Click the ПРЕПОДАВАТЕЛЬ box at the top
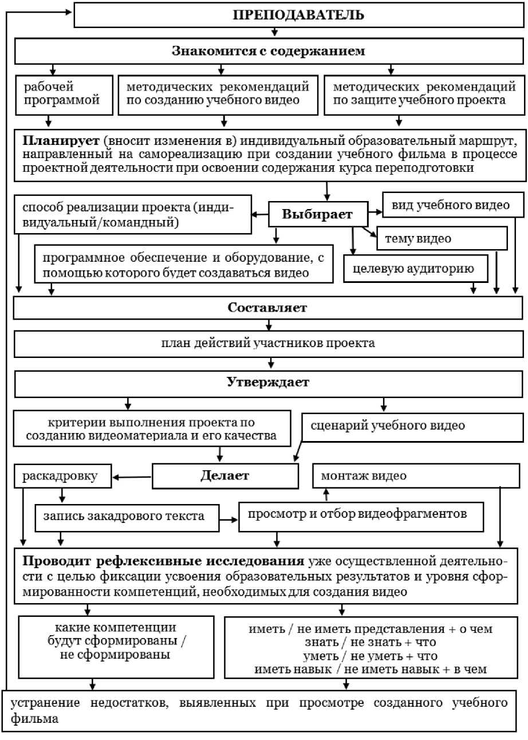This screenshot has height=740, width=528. coord(298,14)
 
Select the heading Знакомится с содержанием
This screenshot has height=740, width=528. coord(268,50)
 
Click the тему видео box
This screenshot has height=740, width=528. coord(442,238)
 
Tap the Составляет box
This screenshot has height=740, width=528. coord(268,308)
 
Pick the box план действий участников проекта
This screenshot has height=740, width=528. coord(268,344)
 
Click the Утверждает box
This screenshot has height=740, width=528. coord(268,383)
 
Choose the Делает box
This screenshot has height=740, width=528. coord(225,475)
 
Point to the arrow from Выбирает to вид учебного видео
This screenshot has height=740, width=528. coord(376,212)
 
